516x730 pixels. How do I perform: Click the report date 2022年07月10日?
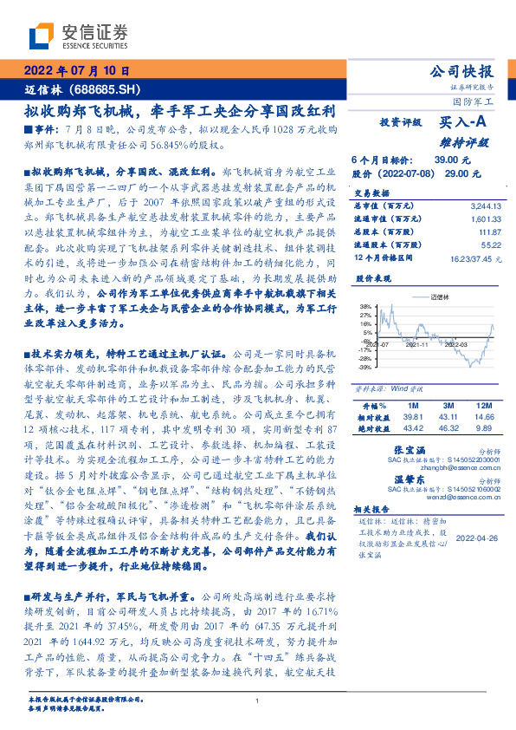tap(75, 71)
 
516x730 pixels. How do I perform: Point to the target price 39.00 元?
tap(451, 160)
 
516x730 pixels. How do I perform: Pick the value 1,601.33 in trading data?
tap(486, 219)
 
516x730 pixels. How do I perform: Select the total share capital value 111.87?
tap(490, 232)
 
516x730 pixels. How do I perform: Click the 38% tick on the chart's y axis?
tap(365, 307)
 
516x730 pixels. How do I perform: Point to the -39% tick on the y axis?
tap(364, 367)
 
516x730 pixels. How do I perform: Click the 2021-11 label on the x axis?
tap(418, 345)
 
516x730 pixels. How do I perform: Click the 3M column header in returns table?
tap(448, 406)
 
